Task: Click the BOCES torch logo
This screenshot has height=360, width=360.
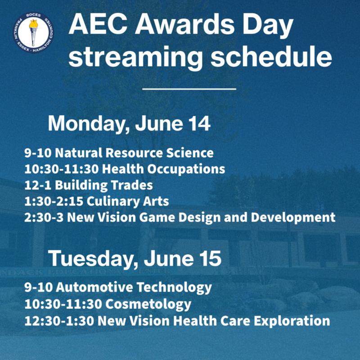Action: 33,32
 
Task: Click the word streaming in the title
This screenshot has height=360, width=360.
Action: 136,57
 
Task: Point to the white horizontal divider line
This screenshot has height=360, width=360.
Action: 189,89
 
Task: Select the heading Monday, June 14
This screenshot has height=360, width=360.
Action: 129,124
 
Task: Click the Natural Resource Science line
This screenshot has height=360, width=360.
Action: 119,153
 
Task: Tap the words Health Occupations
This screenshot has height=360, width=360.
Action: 163,169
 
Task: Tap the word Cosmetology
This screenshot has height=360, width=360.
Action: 148,304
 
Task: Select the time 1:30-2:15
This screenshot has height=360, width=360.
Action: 54,201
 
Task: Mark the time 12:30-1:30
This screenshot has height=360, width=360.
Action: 59,321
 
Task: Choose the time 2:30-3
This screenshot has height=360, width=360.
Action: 44,217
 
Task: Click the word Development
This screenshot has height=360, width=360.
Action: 293,217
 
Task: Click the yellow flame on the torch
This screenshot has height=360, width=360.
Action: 33,23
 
